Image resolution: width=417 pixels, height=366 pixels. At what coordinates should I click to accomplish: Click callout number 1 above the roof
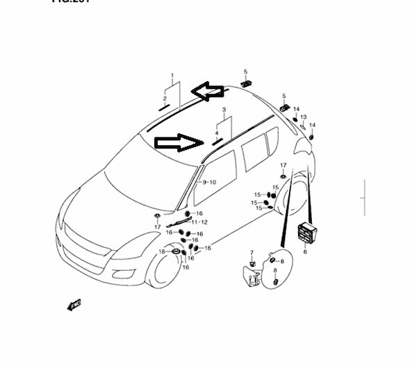[172, 75]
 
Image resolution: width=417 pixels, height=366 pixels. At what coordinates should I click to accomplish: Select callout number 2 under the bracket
[165, 99]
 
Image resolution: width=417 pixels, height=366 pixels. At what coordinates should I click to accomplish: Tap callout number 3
[224, 110]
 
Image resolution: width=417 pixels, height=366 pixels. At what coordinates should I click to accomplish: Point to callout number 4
[217, 133]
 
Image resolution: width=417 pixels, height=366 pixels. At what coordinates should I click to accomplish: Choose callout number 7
[252, 252]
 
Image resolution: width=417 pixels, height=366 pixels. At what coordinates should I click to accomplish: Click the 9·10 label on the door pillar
[209, 182]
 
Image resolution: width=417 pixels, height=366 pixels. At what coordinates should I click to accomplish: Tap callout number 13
[303, 117]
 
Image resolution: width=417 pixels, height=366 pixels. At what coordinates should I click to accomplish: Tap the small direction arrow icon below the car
[72, 303]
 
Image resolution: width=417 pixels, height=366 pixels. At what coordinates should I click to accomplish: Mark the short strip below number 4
[217, 140]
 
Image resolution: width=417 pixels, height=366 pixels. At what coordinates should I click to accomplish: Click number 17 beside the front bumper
[158, 226]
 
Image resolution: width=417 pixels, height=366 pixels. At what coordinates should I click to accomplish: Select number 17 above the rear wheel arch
[283, 165]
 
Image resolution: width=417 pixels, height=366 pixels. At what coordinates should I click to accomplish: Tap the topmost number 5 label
[245, 72]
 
